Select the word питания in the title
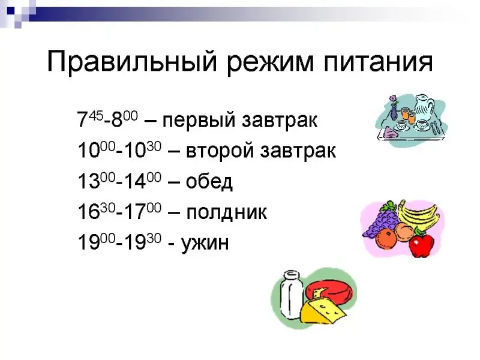coord(378,62)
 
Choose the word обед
coord(209,181)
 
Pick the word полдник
coord(227,212)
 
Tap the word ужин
coord(205,243)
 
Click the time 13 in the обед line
coord(89,181)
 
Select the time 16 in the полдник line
coord(89,212)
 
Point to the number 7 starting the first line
coord(83,119)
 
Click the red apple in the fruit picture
coord(422,243)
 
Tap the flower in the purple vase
coord(394,100)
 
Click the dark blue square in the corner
coord(11,11)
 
